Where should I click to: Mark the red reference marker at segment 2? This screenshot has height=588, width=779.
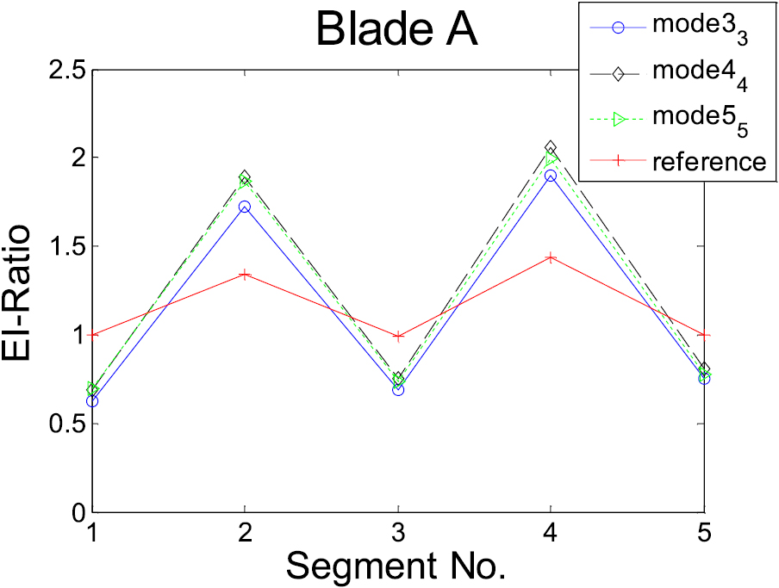point(246,275)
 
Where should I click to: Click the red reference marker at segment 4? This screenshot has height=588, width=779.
point(552,257)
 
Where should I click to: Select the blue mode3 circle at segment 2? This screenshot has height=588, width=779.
point(246,207)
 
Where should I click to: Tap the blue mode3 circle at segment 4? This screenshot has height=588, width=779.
point(552,176)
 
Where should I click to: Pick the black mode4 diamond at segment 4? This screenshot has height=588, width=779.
point(552,147)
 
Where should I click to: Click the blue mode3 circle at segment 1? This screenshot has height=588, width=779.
point(92,401)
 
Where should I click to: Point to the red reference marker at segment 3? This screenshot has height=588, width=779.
point(398,337)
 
